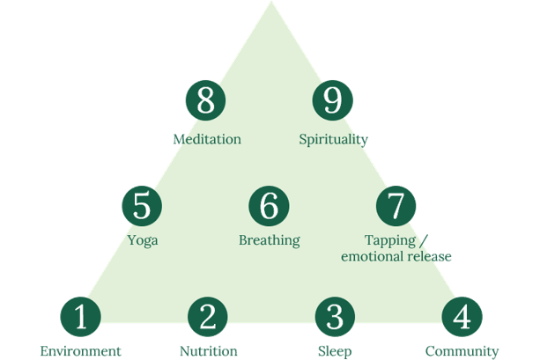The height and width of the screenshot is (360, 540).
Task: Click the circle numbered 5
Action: (142, 206)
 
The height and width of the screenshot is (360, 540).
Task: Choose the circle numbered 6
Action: (270, 206)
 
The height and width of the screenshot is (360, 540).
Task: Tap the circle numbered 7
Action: (396, 206)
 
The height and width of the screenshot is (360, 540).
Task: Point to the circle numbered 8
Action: (206, 100)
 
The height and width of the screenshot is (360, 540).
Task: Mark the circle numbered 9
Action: (333, 100)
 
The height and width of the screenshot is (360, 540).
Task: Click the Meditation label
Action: (207, 139)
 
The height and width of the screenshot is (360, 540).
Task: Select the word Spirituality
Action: (333, 139)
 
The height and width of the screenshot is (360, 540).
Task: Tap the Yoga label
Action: (142, 239)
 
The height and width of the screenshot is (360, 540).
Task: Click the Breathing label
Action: (270, 239)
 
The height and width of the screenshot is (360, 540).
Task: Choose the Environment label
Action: (80, 352)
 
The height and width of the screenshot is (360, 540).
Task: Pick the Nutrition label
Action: (208, 352)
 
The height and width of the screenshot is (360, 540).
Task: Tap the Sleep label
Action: (335, 352)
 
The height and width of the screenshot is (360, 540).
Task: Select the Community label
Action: (462, 352)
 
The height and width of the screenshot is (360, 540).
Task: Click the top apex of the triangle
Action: (270, 4)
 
